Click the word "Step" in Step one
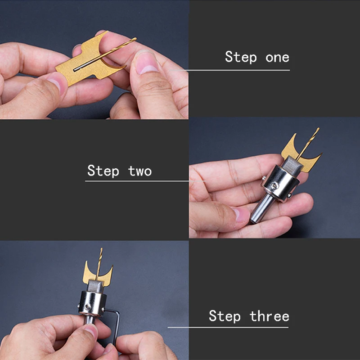pyautogui.click(x=241, y=58)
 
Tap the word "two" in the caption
pyautogui.click(x=139, y=171)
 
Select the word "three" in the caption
pyautogui.click(x=270, y=316)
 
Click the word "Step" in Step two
pyautogui.click(x=103, y=171)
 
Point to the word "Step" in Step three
pyautogui.click(x=225, y=316)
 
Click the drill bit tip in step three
pyautogui.click(x=101, y=250)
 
